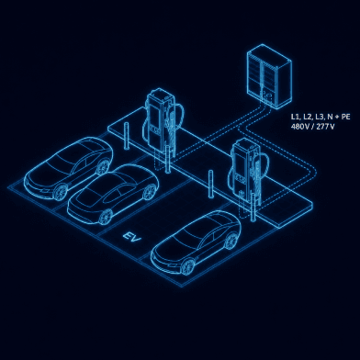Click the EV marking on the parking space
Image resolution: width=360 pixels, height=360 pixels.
pyautogui.click(x=132, y=237)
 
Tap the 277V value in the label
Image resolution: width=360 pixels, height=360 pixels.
pyautogui.click(x=325, y=126)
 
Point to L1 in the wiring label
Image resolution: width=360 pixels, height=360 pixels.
pyautogui.click(x=295, y=117)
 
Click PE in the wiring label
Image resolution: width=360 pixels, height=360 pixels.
pyautogui.click(x=345, y=117)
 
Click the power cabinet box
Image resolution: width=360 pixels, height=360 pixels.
pyautogui.click(x=269, y=76)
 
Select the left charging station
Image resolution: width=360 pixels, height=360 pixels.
pyautogui.click(x=163, y=121)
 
